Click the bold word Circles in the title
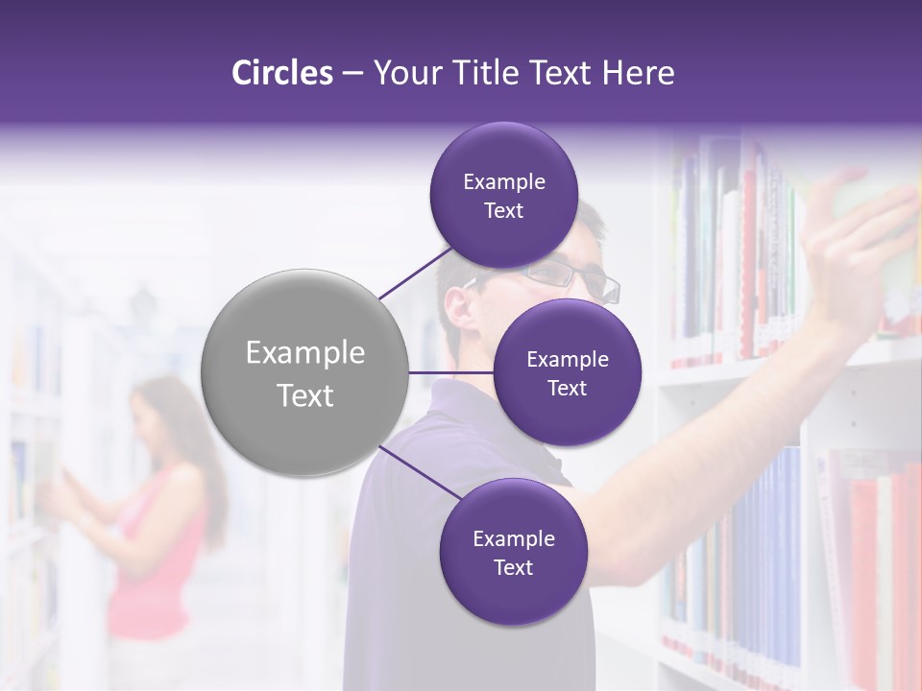281,73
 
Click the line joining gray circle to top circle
415,274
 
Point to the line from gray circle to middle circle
451,372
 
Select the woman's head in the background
158,413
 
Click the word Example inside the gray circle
305,352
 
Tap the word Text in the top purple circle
503,211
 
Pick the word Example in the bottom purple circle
513,539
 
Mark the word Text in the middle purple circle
567,388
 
